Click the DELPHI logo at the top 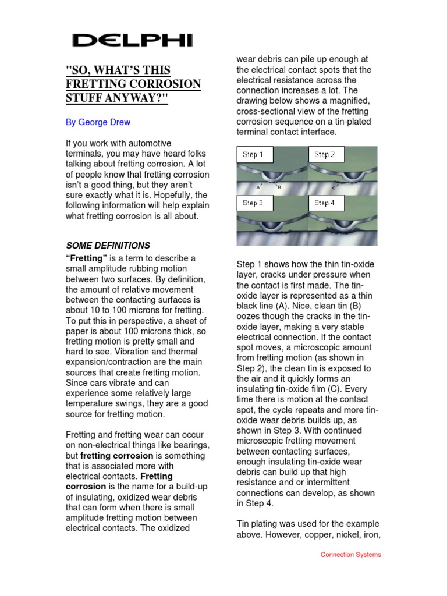132,40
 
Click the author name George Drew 97,123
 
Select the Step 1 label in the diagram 253,155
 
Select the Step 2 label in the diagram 324,155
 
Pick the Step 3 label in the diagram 253,203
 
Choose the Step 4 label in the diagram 324,203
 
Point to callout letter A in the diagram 258,187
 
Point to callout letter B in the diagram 279,187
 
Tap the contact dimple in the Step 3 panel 271,225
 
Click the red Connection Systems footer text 351,555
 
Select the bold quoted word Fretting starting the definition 84,258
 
